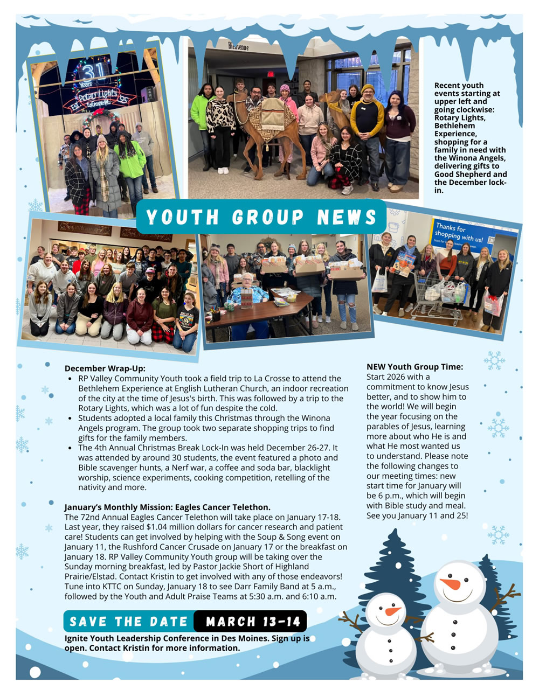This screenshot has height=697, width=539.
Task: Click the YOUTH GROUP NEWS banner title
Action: coord(261,217)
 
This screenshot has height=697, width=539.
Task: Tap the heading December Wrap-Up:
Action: coord(105,368)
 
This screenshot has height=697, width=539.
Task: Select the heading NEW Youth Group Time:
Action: coord(414,367)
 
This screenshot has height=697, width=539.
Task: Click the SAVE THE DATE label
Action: coord(128,622)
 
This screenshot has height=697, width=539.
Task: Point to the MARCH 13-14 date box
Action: coord(253,622)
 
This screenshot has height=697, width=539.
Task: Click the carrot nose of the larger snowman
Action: coord(451,584)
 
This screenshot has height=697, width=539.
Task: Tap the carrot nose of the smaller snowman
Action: coord(392,611)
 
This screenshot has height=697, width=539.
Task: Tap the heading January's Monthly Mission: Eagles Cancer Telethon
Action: coord(167,507)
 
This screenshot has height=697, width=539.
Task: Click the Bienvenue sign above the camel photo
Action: coord(238,47)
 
